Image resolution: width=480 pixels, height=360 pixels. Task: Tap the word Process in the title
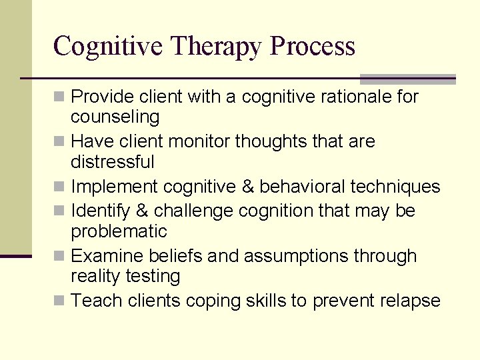(313, 47)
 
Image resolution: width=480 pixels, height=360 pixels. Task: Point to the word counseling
(115, 117)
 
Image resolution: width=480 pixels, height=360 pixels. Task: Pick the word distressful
(113, 162)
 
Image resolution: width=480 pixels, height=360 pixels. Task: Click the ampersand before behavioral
(248, 187)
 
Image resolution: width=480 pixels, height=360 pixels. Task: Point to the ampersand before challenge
(142, 211)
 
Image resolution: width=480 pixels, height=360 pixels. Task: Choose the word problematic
(119, 232)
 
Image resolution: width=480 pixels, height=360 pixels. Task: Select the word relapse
(410, 301)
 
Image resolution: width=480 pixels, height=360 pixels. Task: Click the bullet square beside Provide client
(60, 97)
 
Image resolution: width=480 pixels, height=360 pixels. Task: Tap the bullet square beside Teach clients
(60, 301)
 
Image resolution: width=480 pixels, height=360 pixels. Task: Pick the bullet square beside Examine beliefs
(60, 257)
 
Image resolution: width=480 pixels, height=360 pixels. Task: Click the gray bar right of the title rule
(407, 78)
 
